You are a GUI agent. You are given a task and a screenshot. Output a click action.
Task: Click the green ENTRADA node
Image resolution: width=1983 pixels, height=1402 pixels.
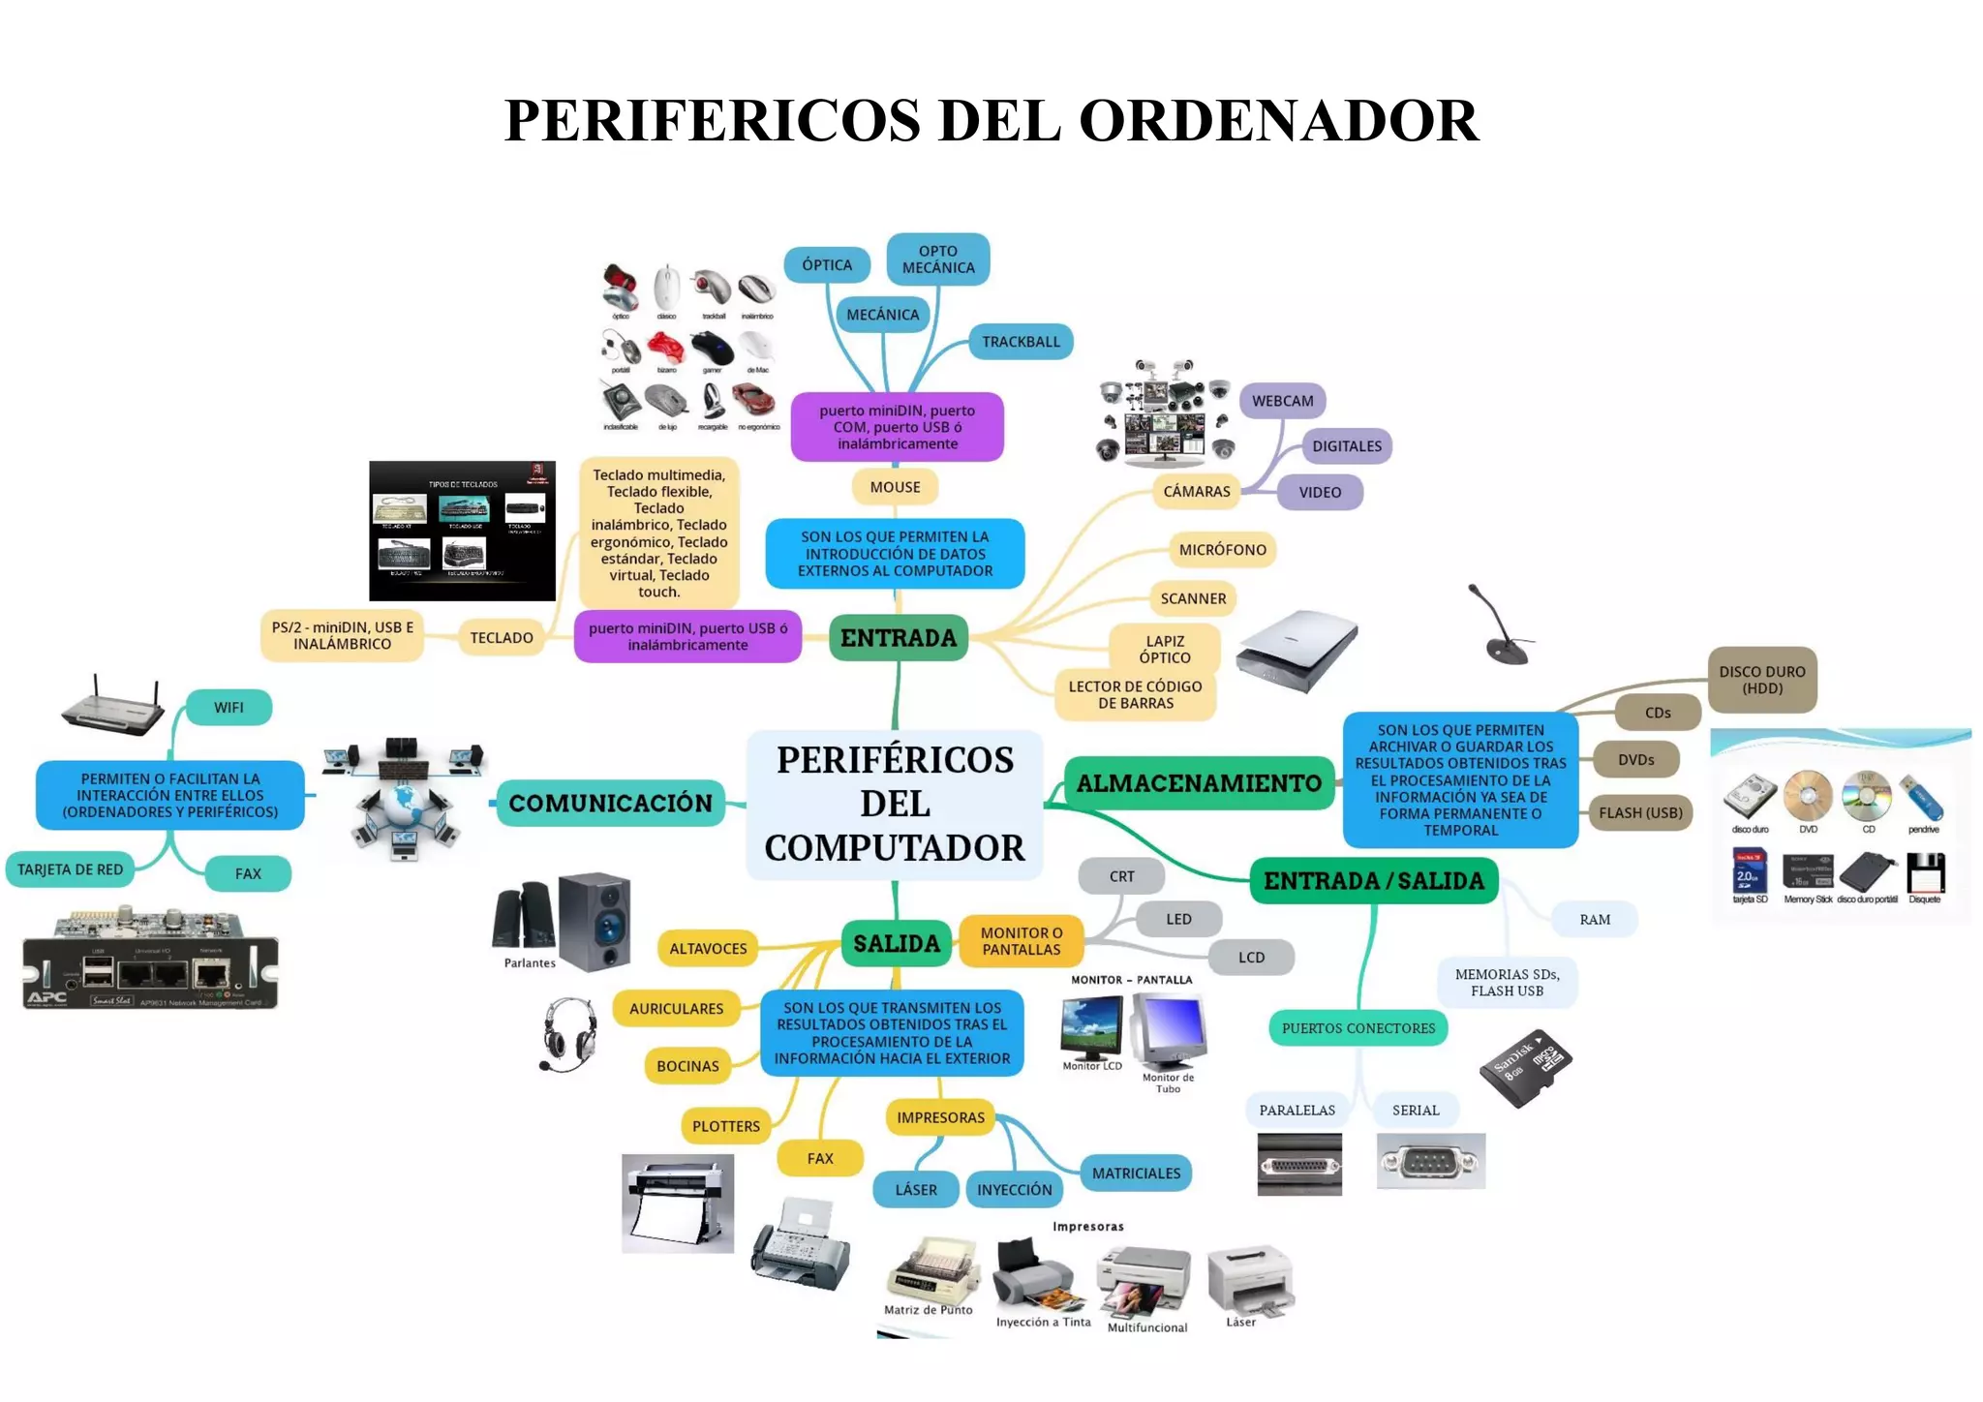(898, 638)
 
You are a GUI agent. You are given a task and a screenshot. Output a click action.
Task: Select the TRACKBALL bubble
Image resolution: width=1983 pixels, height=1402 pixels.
(1021, 342)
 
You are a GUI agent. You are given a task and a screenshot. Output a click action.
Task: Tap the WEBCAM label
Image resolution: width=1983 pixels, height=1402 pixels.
(1282, 401)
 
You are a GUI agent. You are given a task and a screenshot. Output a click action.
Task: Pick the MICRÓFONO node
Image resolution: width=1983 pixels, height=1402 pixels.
(1222, 550)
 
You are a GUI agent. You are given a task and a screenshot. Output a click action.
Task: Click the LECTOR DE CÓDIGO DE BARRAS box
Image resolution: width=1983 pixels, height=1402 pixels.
(1135, 694)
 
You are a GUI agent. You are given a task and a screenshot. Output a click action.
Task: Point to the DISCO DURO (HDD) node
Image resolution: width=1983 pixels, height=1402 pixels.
(1761, 680)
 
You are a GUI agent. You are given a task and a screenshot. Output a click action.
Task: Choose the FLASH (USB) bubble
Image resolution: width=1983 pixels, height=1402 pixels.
(1640, 813)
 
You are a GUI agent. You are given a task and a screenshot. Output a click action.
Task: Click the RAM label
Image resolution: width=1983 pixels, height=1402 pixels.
(1595, 920)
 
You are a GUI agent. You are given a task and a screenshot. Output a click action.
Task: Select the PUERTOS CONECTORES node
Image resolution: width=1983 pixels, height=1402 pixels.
(1358, 1028)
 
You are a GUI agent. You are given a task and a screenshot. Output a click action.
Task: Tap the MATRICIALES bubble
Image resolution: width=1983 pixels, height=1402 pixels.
(1136, 1173)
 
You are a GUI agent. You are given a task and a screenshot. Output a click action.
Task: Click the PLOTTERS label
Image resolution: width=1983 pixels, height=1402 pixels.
(726, 1126)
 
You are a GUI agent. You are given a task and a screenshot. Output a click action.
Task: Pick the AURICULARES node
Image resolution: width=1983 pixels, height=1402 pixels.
(676, 1009)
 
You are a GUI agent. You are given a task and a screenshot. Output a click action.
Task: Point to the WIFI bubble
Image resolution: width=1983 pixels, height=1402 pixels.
(229, 708)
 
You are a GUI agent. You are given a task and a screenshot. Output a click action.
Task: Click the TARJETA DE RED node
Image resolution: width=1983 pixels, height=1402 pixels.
(71, 869)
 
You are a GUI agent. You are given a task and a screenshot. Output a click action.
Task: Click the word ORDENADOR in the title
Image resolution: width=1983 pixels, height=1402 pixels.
(1278, 121)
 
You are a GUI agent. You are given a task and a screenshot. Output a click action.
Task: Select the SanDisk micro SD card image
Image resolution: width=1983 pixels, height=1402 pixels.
(1526, 1067)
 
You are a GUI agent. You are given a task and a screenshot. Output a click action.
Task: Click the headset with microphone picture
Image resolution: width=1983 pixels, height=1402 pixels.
(568, 1034)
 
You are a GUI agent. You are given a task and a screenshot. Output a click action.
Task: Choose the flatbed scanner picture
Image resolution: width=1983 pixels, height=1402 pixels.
(1297, 650)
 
